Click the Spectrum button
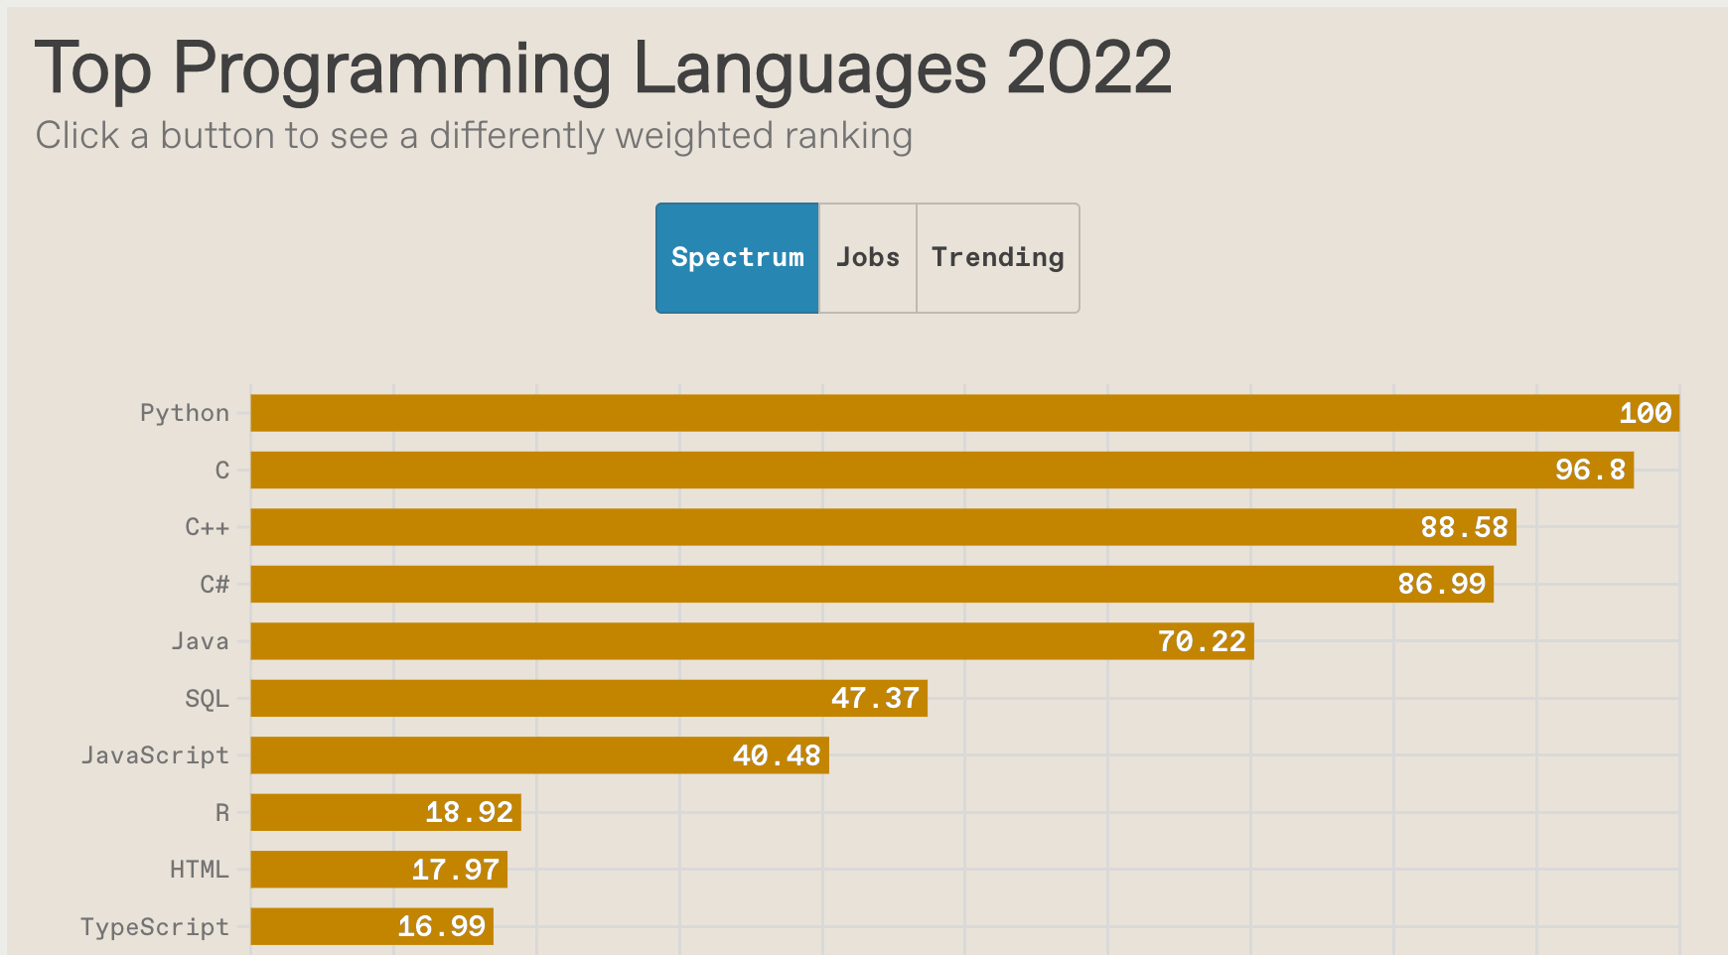pyautogui.click(x=737, y=258)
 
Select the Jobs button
pyautogui.click(x=867, y=258)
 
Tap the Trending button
pyautogui.click(x=997, y=258)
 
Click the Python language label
pyautogui.click(x=185, y=413)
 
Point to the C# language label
pyautogui.click(x=215, y=584)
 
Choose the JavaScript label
pyautogui.click(x=155, y=755)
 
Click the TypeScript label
pyautogui.click(x=155, y=927)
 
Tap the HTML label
pyautogui.click(x=199, y=870)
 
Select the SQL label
pyautogui.click(x=207, y=699)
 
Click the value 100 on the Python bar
pyautogui.click(x=1645, y=413)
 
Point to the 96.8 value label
pyautogui.click(x=1590, y=470)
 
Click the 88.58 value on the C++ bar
pyautogui.click(x=1464, y=527)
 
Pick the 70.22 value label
pyautogui.click(x=1202, y=641)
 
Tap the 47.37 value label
pyautogui.click(x=875, y=699)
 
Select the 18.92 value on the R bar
pyautogui.click(x=469, y=813)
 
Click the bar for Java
pyautogui.click(x=695, y=641)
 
